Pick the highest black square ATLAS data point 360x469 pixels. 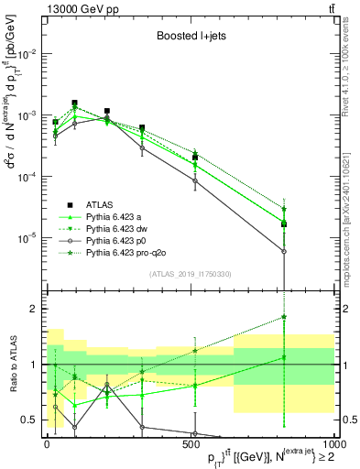[75, 104]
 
